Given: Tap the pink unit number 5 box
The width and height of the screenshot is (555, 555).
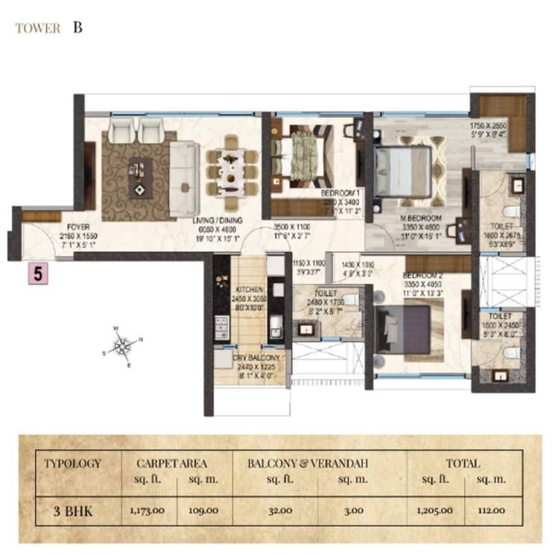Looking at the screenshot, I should (39, 273).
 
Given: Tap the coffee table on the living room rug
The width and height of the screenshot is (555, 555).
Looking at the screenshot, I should (139, 177).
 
